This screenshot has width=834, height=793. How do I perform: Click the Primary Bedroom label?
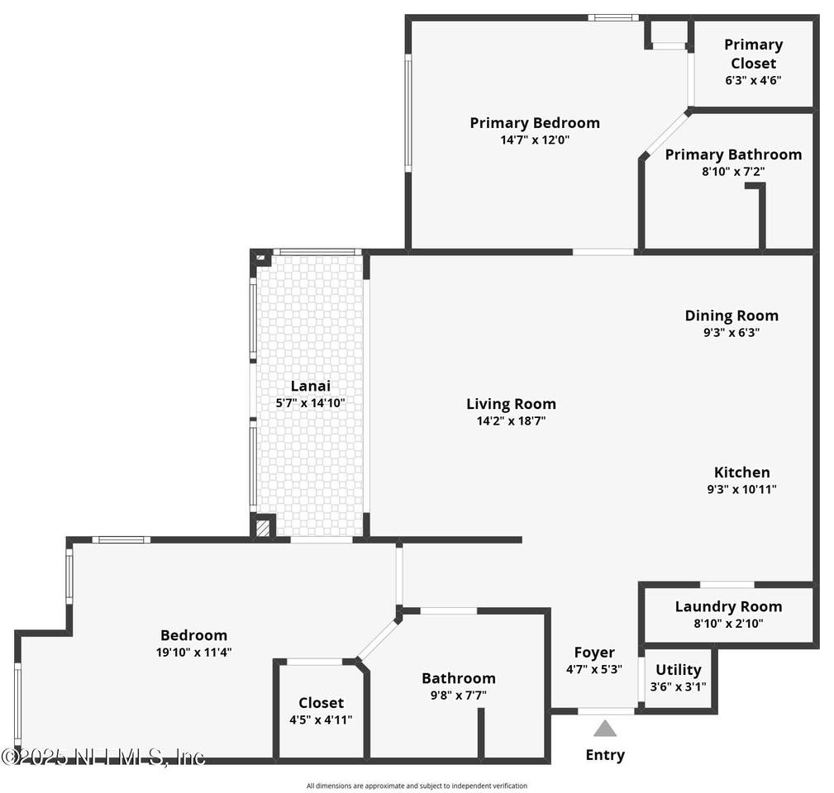535,123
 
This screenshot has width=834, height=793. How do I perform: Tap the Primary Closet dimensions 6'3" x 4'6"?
753,80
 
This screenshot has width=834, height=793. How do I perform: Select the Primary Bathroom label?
733,154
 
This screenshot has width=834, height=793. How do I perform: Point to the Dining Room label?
732,316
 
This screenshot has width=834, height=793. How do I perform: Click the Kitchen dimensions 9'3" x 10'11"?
741,489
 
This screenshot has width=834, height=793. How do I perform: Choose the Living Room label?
511,404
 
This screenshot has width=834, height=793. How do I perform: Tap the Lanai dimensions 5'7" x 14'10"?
310,403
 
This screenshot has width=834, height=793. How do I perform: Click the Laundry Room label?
728,606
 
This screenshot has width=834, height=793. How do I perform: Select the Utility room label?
678,670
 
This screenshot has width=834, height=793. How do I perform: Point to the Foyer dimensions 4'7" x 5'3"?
594,669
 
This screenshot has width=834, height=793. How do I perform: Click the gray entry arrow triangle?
605,729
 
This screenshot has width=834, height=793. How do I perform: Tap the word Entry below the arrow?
605,755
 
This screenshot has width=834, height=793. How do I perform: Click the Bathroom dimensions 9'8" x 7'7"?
459,696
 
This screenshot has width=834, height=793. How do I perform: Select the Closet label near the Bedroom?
321,703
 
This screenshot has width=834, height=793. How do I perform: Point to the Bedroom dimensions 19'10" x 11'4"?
193,652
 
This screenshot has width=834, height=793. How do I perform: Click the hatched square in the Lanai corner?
263,528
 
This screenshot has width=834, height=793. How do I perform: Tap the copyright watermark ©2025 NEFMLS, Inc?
102,757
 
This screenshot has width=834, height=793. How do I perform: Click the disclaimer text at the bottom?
417,786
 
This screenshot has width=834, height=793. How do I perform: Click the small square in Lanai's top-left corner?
260,258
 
